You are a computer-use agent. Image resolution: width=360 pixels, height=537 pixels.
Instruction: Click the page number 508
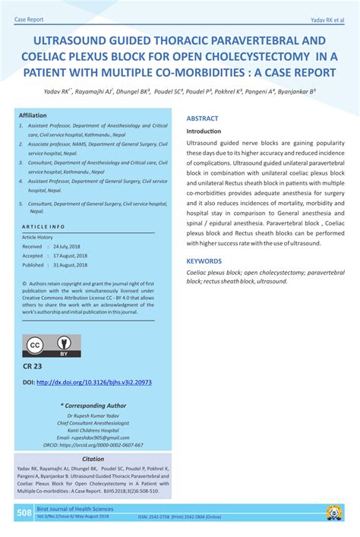24,513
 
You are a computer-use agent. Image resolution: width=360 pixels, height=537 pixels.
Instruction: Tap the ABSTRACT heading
202,118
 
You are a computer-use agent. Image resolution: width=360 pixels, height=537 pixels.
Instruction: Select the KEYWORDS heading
204,261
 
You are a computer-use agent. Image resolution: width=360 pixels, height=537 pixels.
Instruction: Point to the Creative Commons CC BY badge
52,346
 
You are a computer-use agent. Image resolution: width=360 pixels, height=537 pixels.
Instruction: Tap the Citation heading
93,459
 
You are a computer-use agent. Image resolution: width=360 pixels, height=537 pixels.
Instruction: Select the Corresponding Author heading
93,406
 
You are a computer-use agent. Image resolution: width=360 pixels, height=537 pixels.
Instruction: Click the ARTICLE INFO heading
43,226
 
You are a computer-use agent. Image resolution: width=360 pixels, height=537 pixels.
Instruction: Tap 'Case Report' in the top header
29,18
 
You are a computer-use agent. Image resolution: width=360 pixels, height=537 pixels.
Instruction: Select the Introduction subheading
204,131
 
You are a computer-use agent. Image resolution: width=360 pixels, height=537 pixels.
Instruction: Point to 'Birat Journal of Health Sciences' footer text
76,509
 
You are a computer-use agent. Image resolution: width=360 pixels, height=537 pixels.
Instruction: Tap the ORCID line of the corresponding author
93,445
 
